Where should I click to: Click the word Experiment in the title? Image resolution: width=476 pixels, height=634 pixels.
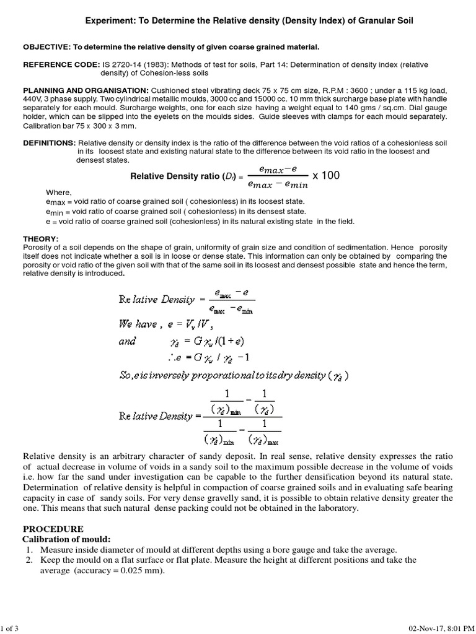click(108, 21)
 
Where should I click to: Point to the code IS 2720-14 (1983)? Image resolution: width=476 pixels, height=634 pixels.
click(130, 64)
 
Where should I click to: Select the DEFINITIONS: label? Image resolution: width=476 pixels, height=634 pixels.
click(49, 143)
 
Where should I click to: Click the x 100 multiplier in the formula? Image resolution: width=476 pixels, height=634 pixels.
click(326, 176)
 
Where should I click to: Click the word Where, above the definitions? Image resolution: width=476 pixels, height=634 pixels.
click(59, 192)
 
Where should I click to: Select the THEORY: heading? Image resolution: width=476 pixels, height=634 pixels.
click(40, 238)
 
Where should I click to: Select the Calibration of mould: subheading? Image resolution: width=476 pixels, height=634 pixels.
click(66, 540)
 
